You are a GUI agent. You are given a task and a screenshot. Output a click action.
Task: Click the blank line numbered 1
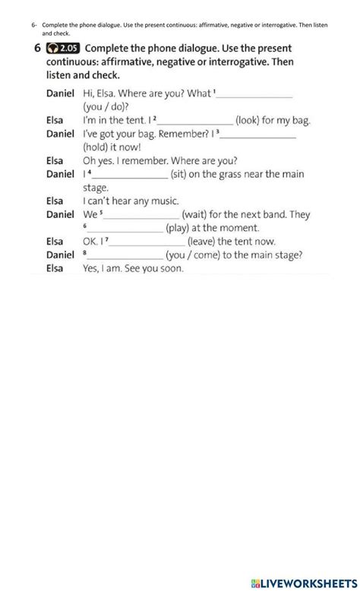[255, 96]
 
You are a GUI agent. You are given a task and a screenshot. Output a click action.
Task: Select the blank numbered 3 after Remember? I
[257, 134]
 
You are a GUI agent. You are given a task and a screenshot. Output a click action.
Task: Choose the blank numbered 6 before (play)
[126, 229]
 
